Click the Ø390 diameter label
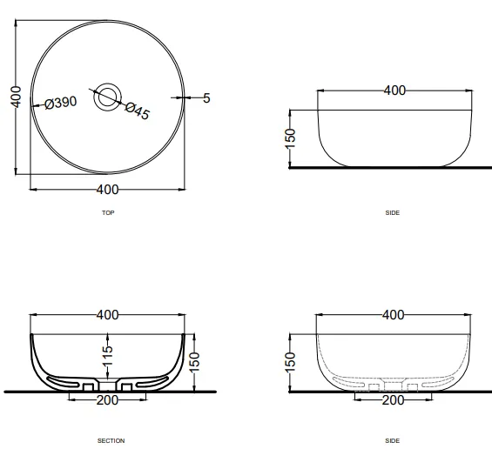[x=61, y=103]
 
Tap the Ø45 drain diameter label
[x=138, y=111]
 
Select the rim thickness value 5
[x=206, y=98]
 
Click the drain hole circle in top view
[x=108, y=97]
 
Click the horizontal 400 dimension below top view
[x=107, y=190]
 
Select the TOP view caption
[x=108, y=213]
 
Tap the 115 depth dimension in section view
[x=108, y=355]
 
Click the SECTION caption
[x=111, y=441]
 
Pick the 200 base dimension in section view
[x=107, y=400]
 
